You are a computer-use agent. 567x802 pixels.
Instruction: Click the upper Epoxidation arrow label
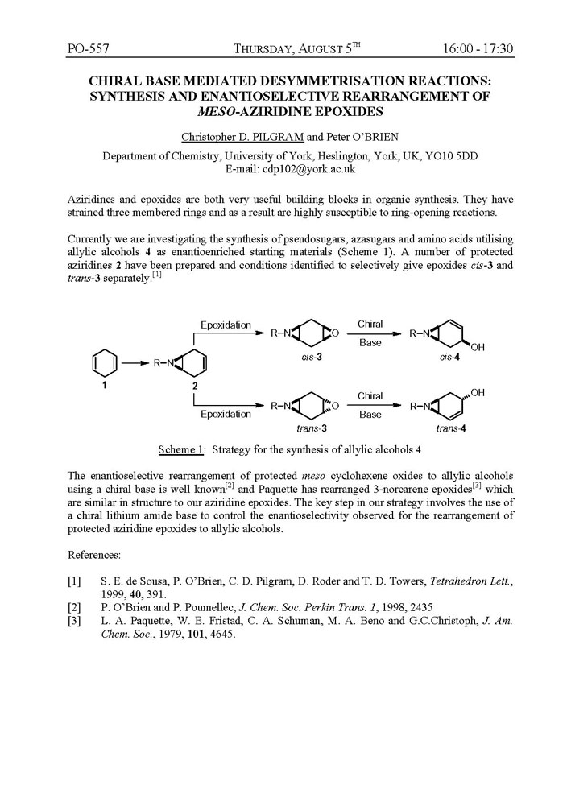pos(226,325)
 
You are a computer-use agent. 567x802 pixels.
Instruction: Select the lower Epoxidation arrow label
pos(226,414)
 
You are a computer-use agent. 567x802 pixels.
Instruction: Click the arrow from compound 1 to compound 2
pos(135,363)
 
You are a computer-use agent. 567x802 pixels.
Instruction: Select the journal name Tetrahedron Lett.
pos(452,581)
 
